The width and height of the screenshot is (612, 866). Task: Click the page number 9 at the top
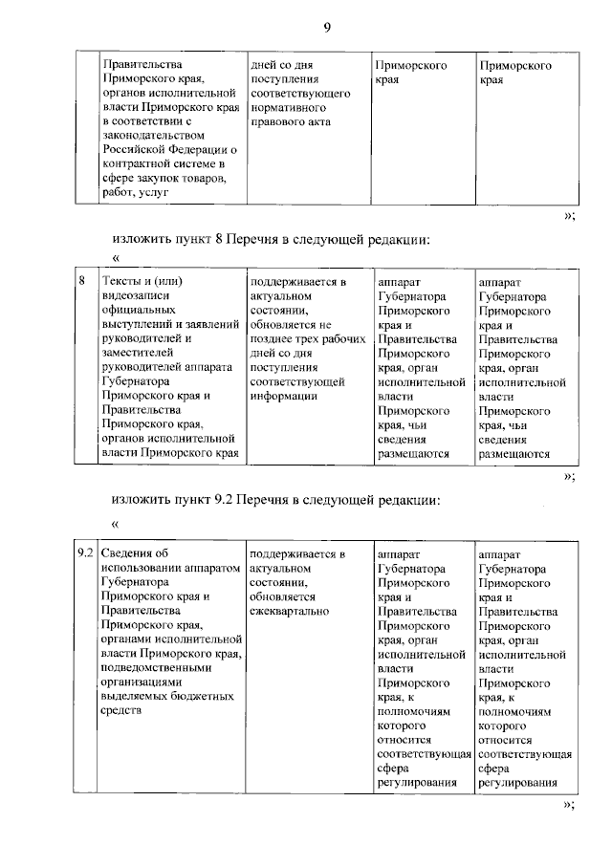(326, 28)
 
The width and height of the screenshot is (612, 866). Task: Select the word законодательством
(153, 137)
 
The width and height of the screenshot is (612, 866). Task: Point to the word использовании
(142, 568)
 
